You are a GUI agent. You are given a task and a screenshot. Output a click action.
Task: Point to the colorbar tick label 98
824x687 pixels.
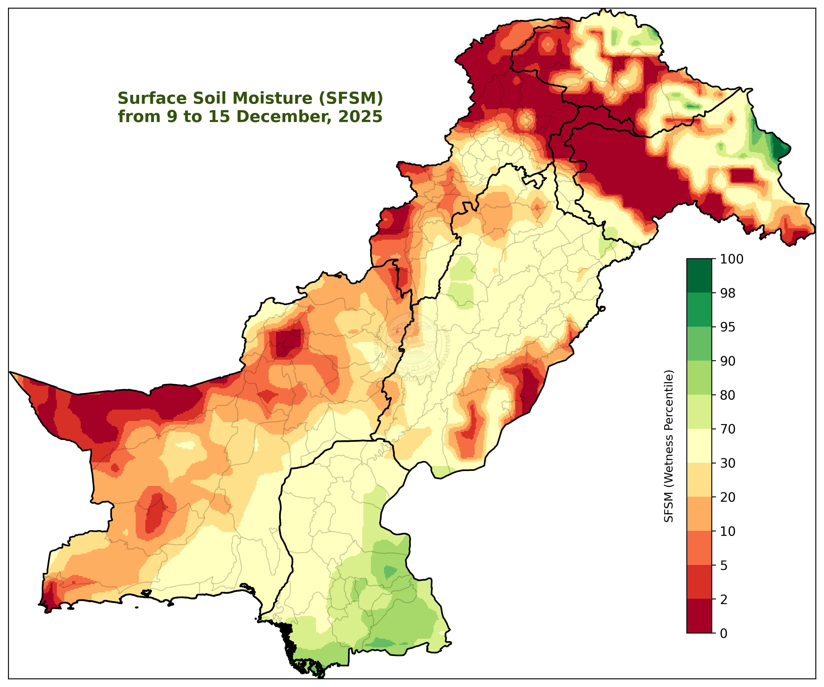pyautogui.click(x=728, y=293)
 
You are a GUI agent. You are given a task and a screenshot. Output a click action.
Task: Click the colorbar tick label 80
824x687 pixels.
pyautogui.click(x=728, y=395)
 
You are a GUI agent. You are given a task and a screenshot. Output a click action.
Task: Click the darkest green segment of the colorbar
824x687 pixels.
pyautogui.click(x=699, y=276)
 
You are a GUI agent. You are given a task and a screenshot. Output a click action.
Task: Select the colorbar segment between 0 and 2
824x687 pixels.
pyautogui.click(x=699, y=616)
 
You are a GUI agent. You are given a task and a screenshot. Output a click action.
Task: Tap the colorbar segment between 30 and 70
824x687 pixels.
pyautogui.click(x=699, y=446)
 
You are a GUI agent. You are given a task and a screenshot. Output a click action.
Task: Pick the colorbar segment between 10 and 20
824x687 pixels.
pyautogui.click(x=699, y=514)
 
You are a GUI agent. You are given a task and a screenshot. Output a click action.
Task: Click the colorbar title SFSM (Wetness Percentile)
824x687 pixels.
pyautogui.click(x=669, y=446)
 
